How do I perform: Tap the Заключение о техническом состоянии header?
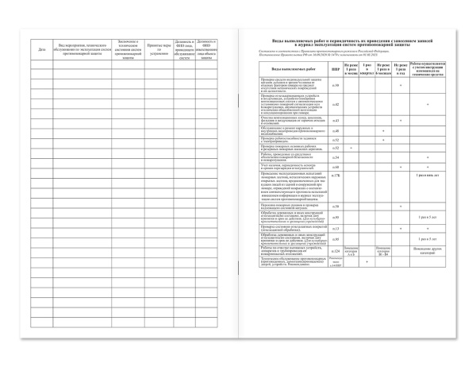125,49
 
